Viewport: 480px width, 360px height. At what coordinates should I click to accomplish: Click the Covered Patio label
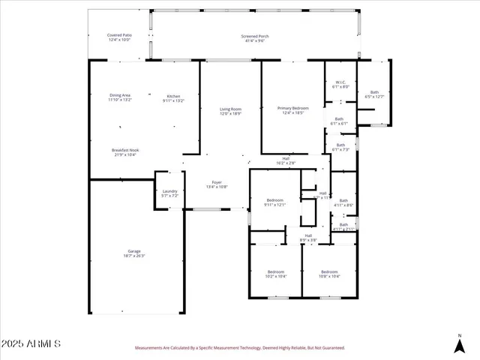pos(119,37)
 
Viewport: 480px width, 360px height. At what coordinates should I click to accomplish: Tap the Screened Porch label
pos(255,37)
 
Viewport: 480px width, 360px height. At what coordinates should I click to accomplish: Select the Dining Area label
pos(120,97)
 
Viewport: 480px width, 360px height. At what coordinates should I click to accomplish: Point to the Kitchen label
pos(173,97)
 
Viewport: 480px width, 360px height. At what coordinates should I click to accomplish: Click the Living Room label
pos(230,111)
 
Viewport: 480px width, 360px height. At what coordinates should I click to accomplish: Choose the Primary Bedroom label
pos(292,110)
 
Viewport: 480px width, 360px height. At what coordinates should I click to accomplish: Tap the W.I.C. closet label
pos(340,84)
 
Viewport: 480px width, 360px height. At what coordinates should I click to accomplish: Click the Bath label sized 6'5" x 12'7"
pos(373,94)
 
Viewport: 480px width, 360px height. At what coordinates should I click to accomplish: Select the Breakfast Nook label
pos(125,152)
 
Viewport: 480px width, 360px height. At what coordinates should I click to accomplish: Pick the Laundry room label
pos(169,193)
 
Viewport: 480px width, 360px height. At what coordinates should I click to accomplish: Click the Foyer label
pos(217,184)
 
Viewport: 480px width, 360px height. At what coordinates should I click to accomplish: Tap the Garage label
pos(134,253)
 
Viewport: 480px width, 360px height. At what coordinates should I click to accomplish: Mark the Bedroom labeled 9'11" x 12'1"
pos(275,202)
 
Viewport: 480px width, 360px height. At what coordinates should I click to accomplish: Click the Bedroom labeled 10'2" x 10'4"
pos(275,274)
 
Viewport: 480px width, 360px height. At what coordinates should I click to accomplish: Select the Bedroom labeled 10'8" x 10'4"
pos(329,274)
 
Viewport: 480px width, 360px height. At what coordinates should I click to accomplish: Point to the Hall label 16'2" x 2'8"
pos(286,160)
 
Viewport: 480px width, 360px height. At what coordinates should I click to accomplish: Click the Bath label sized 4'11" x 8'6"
pos(343,202)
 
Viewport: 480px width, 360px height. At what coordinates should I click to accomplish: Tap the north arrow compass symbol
pos(460,344)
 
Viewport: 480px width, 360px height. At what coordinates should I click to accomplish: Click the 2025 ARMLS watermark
pos(31,343)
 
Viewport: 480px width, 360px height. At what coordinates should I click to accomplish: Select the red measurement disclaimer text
pos(240,349)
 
